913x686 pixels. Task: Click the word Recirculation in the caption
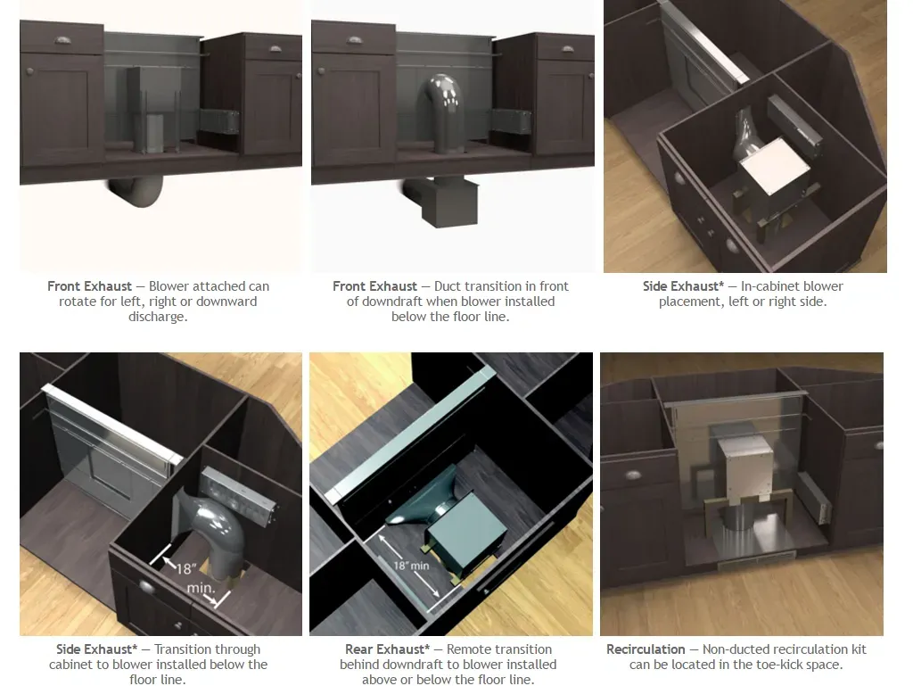pyautogui.click(x=646, y=649)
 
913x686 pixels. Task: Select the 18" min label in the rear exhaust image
pyautogui.click(x=412, y=566)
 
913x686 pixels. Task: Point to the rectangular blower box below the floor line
pyautogui.click(x=448, y=202)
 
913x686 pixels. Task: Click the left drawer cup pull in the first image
pyautogui.click(x=62, y=40)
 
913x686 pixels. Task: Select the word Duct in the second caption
pyautogui.click(x=448, y=286)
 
